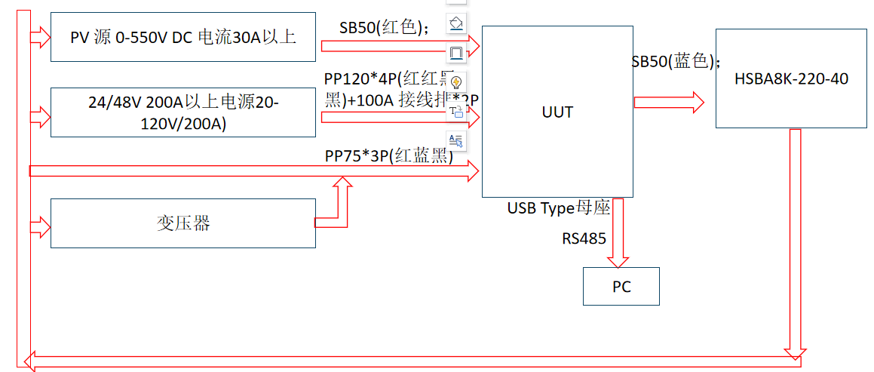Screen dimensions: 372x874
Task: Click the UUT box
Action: click(x=557, y=112)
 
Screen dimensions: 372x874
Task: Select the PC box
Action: click(x=621, y=286)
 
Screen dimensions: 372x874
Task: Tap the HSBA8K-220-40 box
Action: click(x=790, y=78)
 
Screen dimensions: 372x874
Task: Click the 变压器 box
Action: click(x=183, y=223)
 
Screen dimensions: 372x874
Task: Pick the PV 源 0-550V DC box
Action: click(x=183, y=37)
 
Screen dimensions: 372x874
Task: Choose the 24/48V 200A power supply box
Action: click(x=183, y=112)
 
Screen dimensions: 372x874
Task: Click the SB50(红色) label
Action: click(x=385, y=28)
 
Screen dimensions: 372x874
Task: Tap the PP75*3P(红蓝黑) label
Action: click(x=388, y=156)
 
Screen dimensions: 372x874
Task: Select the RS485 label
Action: click(x=584, y=239)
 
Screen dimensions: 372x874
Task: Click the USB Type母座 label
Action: click(x=558, y=208)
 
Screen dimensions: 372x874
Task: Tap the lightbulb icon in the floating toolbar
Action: click(x=456, y=81)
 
